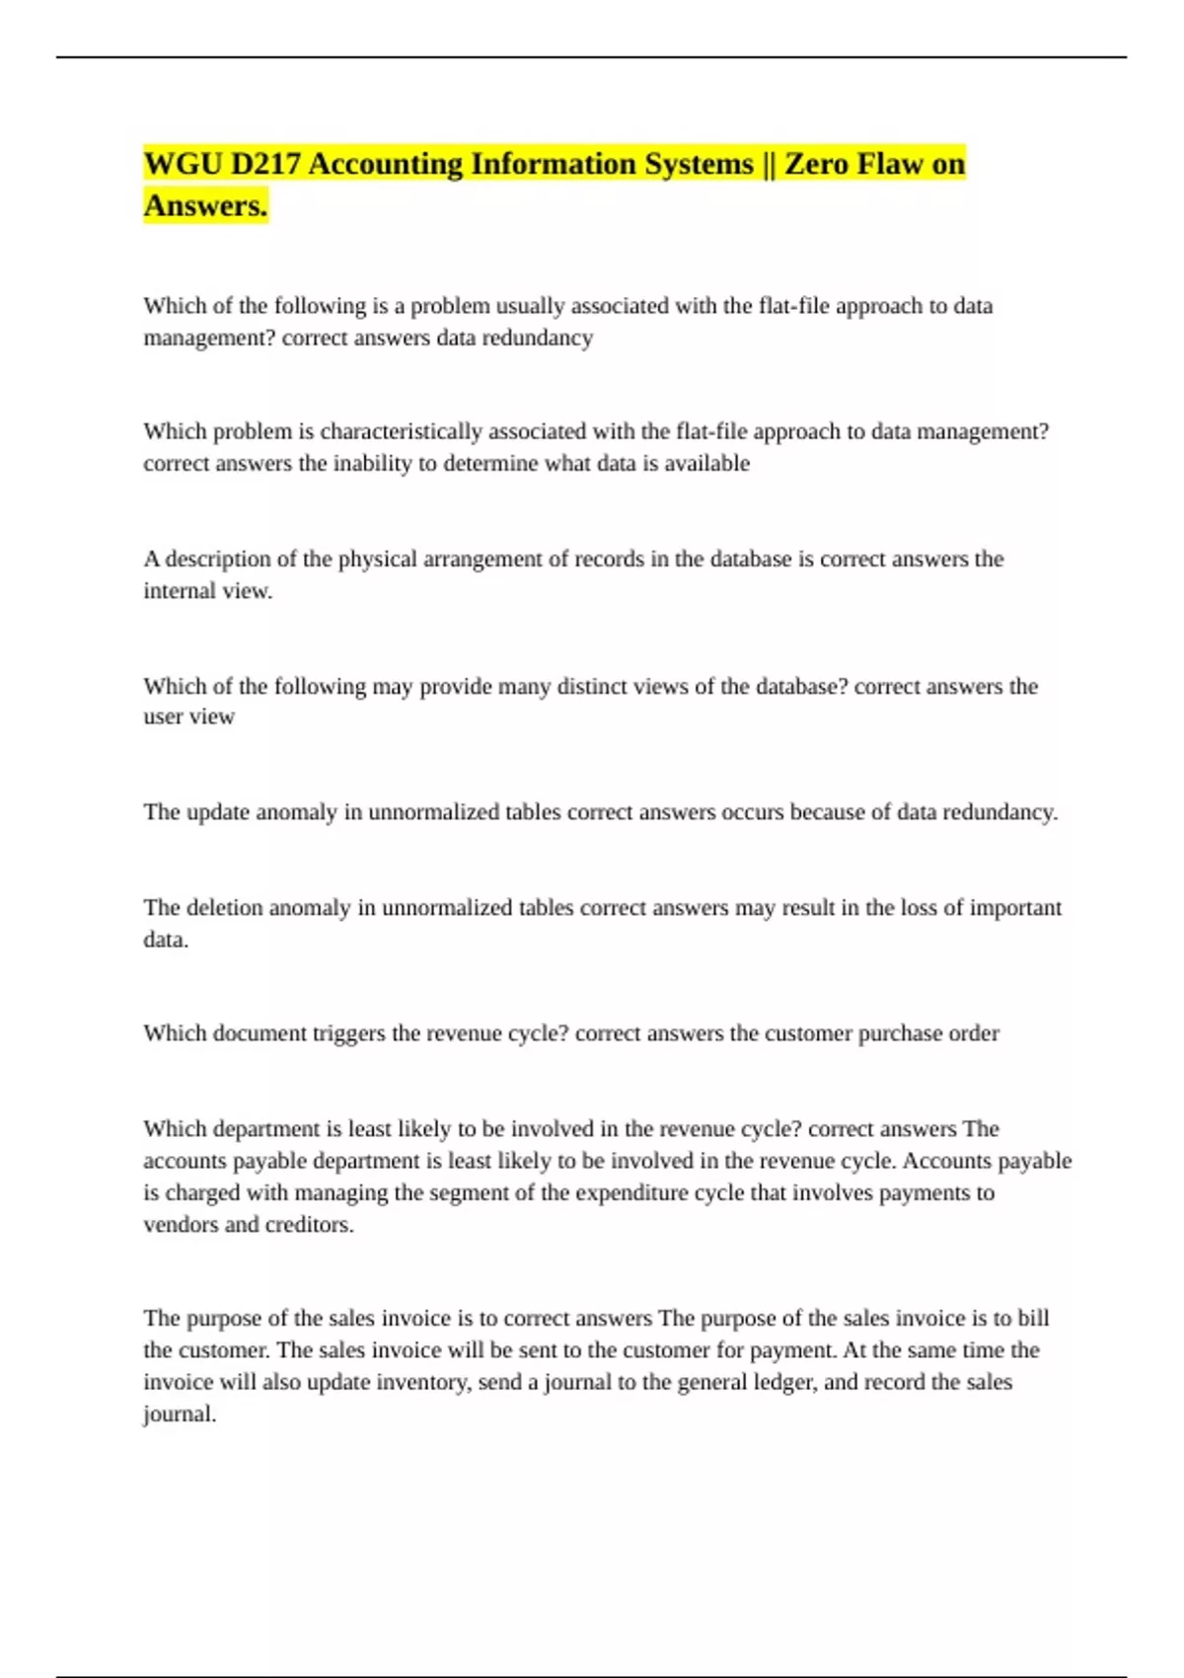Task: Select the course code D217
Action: click(x=265, y=164)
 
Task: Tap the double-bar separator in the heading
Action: click(x=769, y=164)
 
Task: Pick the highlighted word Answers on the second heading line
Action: click(x=205, y=205)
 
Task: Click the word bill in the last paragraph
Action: click(x=1033, y=1318)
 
